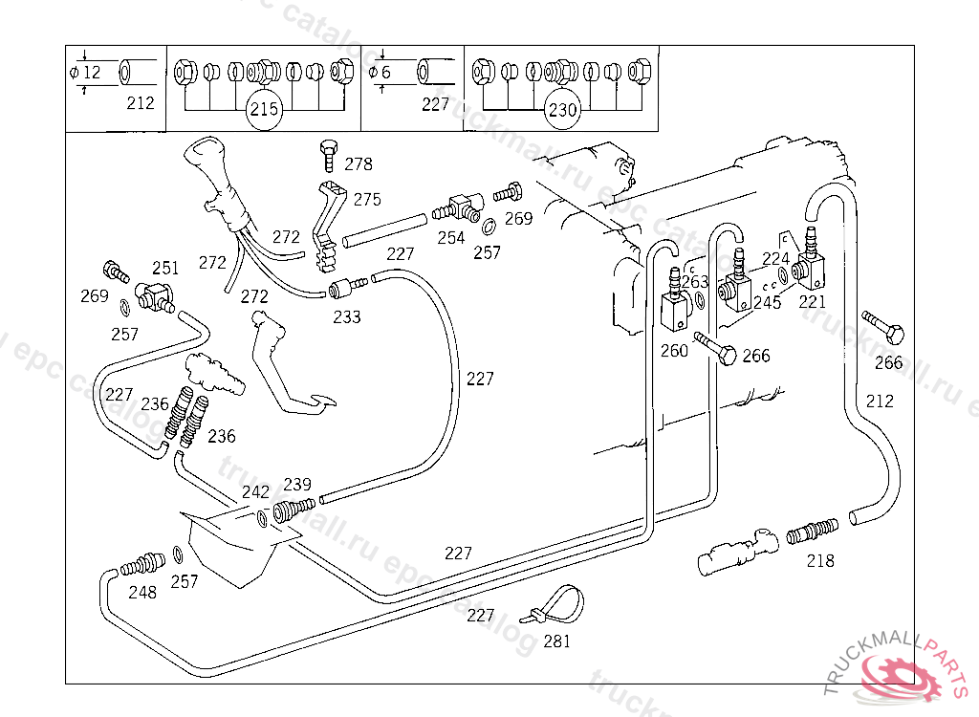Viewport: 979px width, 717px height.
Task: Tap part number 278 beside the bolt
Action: coord(359,164)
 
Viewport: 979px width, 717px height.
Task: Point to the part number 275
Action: coord(367,200)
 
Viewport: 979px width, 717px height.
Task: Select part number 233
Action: coord(347,316)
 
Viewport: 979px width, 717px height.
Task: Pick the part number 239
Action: coord(297,485)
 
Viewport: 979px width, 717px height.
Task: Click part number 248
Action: coord(142,593)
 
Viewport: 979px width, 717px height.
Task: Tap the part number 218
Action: coord(820,560)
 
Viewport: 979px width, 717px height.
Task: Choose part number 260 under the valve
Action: coord(674,351)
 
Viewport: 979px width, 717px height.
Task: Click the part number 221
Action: coord(812,301)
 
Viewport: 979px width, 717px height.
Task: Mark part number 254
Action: coord(451,238)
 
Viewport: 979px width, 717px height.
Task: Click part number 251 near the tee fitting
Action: coord(165,268)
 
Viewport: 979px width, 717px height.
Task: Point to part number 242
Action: coord(255,492)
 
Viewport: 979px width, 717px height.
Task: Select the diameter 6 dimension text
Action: coord(385,73)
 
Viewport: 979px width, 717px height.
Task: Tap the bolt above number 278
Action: coord(327,150)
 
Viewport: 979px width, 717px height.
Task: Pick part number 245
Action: coord(767,303)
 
